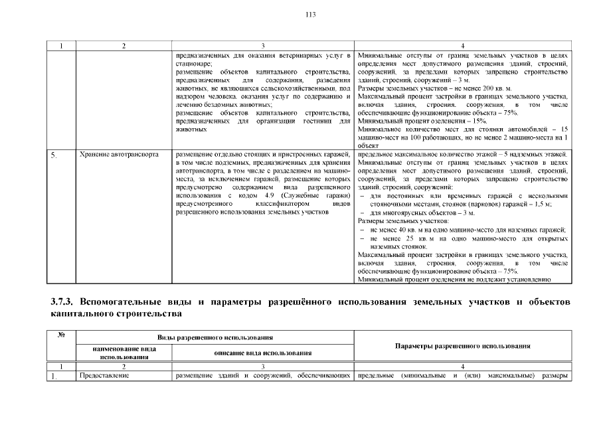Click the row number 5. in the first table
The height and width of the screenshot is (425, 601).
pyautogui.click(x=55, y=155)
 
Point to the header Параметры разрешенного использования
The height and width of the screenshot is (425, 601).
pyautogui.click(x=462, y=346)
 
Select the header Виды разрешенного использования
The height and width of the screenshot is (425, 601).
pyautogui.click(x=216, y=338)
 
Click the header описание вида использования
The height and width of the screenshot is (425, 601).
pyautogui.click(x=263, y=353)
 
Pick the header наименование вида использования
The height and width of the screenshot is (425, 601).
pyautogui.click(x=121, y=353)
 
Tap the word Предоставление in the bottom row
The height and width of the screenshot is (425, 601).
pyautogui.click(x=103, y=377)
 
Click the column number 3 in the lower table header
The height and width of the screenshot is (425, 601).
pyautogui.click(x=263, y=367)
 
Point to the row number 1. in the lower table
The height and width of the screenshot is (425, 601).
pyautogui.click(x=55, y=377)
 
